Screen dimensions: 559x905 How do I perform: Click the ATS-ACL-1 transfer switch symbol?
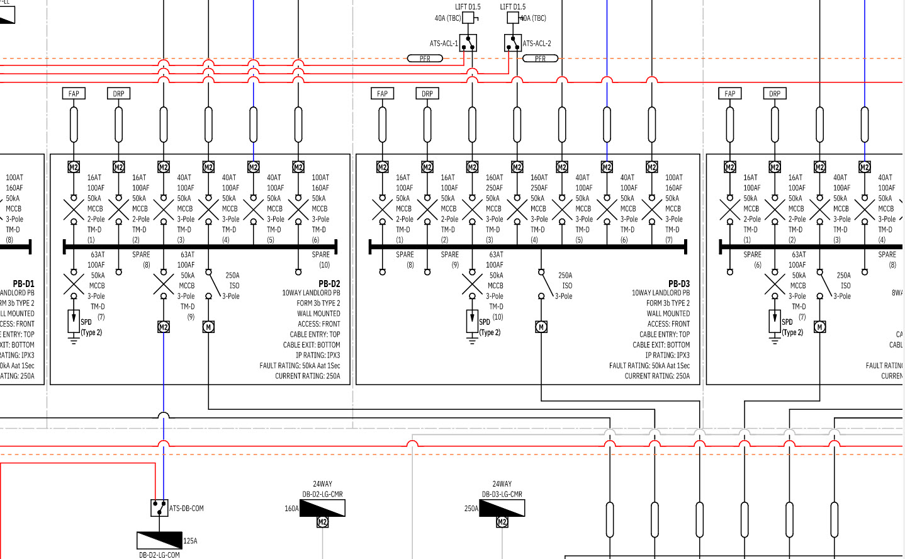[x=468, y=43]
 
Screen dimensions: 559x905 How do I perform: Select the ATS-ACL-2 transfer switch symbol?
[x=512, y=43]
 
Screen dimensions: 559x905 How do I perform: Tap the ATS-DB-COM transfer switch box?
[x=159, y=508]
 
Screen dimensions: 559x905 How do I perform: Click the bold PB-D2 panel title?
[x=329, y=284]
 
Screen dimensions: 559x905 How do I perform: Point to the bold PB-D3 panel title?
[x=679, y=284]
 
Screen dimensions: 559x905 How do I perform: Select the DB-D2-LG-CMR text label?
[x=322, y=494]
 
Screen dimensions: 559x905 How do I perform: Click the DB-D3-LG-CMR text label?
[x=502, y=494]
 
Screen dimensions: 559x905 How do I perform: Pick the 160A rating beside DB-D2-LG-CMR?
[x=291, y=509]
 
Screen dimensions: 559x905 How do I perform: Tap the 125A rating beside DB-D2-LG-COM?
[x=190, y=541]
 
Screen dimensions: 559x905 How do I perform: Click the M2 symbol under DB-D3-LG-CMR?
[x=502, y=522]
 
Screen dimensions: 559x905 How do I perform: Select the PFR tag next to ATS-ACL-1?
[x=425, y=59]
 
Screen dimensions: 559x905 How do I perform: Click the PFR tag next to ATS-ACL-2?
[x=540, y=59]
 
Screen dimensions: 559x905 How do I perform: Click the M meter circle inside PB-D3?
[x=541, y=327]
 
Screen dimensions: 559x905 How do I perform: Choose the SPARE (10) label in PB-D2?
[x=321, y=259]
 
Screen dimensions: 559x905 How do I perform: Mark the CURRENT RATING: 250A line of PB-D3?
[x=657, y=376]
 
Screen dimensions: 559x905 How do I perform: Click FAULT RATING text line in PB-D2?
[x=300, y=366]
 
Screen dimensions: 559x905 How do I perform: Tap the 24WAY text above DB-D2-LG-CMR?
[x=322, y=484]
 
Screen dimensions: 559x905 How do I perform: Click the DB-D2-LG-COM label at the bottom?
[x=159, y=555]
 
